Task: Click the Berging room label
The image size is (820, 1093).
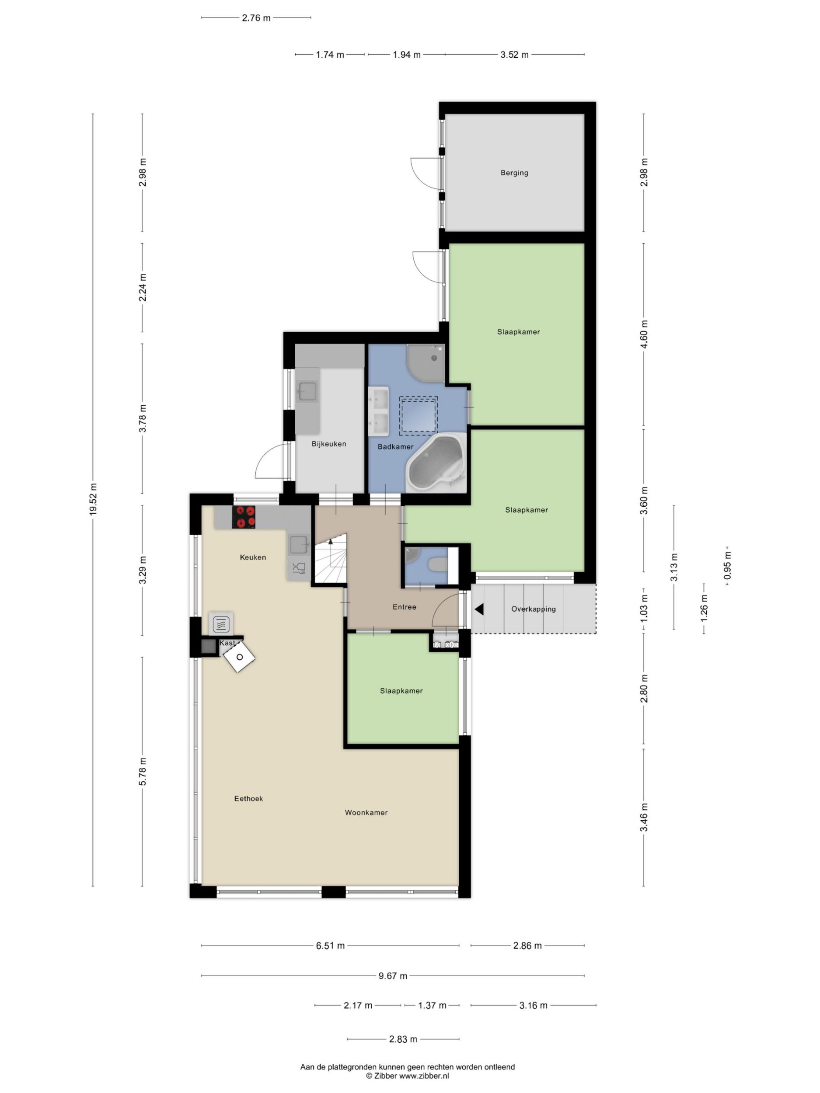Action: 514,173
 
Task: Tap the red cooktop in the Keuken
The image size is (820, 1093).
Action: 244,517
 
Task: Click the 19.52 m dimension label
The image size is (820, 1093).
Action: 93,500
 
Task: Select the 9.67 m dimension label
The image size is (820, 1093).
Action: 393,976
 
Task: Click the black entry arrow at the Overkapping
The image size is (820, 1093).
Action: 479,609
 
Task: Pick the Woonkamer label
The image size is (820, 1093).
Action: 366,812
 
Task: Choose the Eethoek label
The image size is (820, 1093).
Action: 248,798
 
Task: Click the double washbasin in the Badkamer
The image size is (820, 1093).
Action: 378,411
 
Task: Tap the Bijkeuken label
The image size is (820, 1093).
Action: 329,444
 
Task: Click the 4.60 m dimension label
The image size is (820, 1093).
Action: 644,334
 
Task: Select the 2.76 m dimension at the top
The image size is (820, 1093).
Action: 256,18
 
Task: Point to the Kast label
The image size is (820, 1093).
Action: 227,643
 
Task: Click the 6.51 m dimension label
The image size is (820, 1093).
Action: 330,946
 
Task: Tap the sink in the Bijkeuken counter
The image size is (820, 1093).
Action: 307,391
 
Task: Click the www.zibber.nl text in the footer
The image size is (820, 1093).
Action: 424,1076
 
